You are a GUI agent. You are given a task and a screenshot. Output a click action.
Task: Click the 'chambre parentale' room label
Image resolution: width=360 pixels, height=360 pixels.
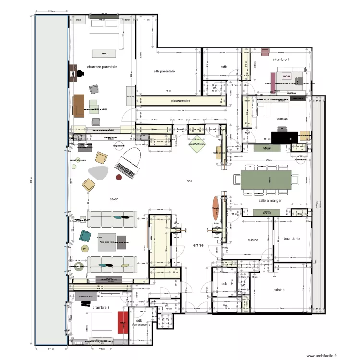click(x=102, y=67)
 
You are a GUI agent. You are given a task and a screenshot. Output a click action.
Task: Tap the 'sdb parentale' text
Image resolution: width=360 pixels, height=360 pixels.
click(x=164, y=71)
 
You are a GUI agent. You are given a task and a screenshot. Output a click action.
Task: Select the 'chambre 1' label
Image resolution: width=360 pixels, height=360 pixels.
click(x=281, y=60)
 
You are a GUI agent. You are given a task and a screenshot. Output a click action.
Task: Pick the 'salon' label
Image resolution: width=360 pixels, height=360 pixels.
click(x=114, y=199)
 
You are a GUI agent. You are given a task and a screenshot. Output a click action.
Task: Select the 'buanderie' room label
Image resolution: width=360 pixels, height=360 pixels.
click(x=291, y=238)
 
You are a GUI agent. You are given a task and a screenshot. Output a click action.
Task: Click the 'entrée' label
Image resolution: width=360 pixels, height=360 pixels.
click(x=198, y=245)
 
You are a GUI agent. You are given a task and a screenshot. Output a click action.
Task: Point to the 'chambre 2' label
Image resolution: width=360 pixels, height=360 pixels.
click(x=101, y=307)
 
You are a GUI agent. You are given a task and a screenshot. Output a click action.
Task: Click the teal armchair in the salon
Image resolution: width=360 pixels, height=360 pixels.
click(x=85, y=236)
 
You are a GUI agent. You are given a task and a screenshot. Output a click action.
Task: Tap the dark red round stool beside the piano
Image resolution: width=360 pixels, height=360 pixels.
click(x=119, y=178)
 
